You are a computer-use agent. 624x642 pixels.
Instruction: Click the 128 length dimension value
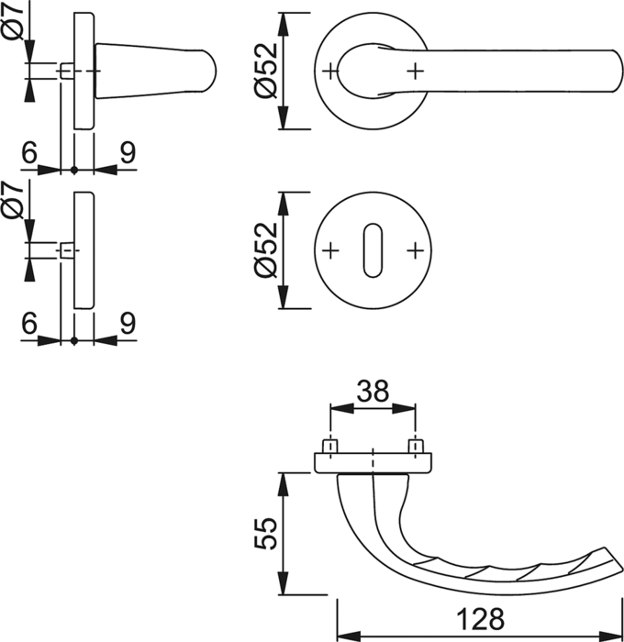click(480, 619)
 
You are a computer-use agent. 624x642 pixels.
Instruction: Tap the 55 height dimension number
click(266, 534)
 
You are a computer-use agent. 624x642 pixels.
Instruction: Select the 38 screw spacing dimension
click(373, 391)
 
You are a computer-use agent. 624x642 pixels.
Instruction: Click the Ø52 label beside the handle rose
click(266, 71)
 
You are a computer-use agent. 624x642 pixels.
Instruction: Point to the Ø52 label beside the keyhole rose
click(266, 249)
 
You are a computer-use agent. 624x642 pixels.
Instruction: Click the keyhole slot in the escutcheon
click(372, 250)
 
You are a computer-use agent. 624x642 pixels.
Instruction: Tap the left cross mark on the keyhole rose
click(330, 250)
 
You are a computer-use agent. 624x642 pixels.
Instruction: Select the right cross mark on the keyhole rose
click(415, 250)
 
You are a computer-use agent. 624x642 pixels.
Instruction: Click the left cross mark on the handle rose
click(330, 72)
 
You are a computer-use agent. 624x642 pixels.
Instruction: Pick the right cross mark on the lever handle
click(415, 72)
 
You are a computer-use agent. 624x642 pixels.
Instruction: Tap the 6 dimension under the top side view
click(29, 152)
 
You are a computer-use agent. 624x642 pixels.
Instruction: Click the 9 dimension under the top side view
click(128, 152)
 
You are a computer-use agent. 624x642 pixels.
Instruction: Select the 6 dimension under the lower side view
click(29, 324)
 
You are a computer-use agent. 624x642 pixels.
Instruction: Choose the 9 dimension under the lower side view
click(128, 324)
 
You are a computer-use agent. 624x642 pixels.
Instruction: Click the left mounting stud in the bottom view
click(330, 447)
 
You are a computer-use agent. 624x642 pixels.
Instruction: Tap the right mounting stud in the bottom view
click(416, 447)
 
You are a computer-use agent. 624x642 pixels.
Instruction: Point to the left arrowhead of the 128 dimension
click(349, 636)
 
